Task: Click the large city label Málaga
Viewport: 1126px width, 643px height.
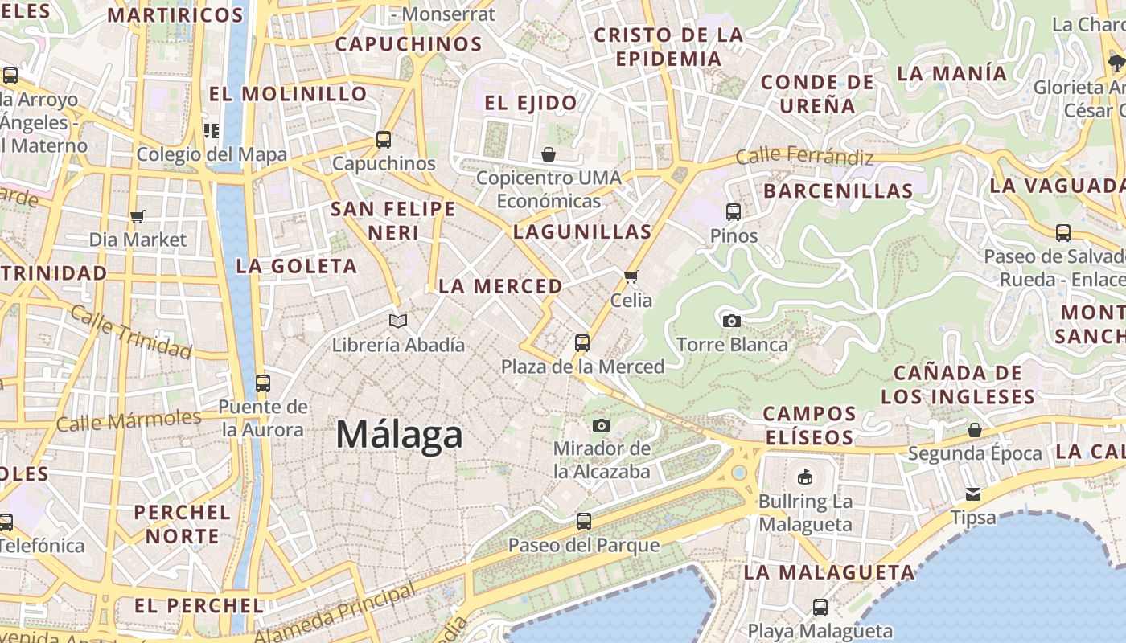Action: pyautogui.click(x=399, y=435)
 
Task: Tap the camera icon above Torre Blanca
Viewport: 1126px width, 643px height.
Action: pyautogui.click(x=731, y=321)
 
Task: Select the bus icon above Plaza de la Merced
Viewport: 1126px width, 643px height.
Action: pyautogui.click(x=582, y=343)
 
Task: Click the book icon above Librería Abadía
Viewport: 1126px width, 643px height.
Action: pyautogui.click(x=398, y=321)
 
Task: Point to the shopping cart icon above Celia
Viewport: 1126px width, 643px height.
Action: pyautogui.click(x=631, y=276)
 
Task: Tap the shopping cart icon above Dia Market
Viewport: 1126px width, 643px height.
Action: pyautogui.click(x=137, y=215)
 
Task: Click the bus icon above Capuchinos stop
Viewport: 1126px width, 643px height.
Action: pyautogui.click(x=384, y=140)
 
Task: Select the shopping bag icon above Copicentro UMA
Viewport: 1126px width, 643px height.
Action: pyautogui.click(x=549, y=154)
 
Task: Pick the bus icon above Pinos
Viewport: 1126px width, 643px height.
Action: pyautogui.click(x=734, y=212)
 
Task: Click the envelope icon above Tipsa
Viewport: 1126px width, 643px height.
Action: pyautogui.click(x=973, y=494)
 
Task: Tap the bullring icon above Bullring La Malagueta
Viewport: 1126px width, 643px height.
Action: pyautogui.click(x=804, y=477)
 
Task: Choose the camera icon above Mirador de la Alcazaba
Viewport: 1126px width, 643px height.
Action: pyautogui.click(x=601, y=425)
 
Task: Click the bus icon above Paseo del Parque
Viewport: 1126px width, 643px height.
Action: pyautogui.click(x=584, y=522)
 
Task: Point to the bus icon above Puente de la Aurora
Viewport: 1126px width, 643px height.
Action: pyautogui.click(x=262, y=383)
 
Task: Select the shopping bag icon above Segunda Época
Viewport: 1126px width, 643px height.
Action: pyautogui.click(x=975, y=430)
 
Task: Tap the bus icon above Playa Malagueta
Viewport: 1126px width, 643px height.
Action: pyautogui.click(x=820, y=607)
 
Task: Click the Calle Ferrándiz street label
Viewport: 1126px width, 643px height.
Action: pyautogui.click(x=804, y=156)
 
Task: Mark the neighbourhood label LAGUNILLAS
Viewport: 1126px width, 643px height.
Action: pyautogui.click(x=582, y=232)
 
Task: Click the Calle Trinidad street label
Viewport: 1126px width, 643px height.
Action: pyautogui.click(x=130, y=331)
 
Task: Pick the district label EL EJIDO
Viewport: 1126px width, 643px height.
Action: pyautogui.click(x=531, y=103)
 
